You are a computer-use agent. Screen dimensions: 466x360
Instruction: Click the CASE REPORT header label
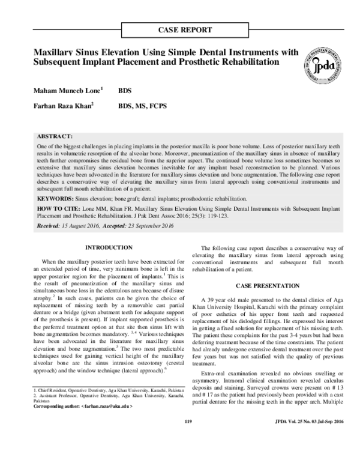click(184, 29)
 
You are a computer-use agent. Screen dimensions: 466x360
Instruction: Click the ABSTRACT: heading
click(55, 137)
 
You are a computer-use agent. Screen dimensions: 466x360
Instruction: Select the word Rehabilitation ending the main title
click(246, 62)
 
